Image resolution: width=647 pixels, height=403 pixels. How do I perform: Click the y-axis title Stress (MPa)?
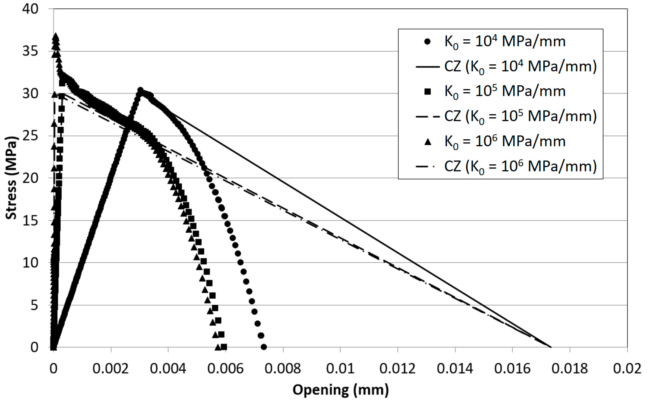pos(11,178)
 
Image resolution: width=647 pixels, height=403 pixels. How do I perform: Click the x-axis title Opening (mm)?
pos(340,390)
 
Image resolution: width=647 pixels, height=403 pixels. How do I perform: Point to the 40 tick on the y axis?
pos(30,9)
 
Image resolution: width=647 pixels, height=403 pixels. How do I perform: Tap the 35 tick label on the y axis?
pos(30,51)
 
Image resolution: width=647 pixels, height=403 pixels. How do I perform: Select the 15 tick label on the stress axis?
pos(30,221)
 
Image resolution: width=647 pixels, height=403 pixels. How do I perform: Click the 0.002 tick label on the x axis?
pos(111,369)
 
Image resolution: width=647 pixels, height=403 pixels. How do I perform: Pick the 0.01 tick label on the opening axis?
pos(340,369)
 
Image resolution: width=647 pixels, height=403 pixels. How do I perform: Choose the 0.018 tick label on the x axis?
pos(570,369)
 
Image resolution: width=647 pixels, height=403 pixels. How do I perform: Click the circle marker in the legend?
pos(427,42)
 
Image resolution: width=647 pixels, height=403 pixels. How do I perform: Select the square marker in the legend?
pos(428,92)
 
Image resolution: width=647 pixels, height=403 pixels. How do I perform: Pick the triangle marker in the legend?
pos(428,142)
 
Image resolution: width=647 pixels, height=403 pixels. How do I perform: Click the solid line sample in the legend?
pos(428,67)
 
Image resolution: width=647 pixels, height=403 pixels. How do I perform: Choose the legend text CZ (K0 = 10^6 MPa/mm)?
pos(520,167)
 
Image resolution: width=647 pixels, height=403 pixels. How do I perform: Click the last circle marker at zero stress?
pos(263,347)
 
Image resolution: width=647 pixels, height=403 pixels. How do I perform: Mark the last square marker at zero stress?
pos(224,347)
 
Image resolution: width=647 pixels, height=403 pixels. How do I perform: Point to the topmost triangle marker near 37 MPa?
pos(56,36)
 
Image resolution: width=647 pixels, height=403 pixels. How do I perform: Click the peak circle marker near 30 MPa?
pos(140,90)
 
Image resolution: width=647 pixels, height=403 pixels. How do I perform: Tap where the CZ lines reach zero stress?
pos(551,347)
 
